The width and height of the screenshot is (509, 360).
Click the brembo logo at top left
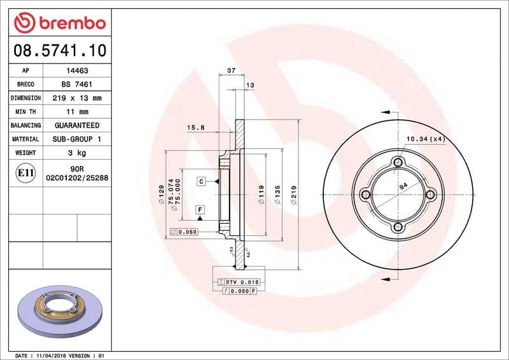click(59, 22)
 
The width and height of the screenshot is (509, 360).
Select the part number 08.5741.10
click(59, 49)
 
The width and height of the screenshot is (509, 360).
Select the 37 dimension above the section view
click(232, 70)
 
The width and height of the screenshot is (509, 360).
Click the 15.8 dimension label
click(195, 127)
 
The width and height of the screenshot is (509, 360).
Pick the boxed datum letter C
click(200, 182)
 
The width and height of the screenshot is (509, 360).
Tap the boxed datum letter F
click(200, 209)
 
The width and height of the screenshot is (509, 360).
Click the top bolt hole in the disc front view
click(399, 162)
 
